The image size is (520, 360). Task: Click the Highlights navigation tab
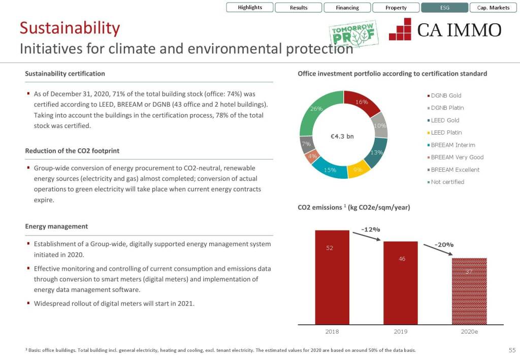click(250, 8)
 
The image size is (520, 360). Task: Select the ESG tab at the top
click(445, 8)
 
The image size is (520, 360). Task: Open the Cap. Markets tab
click(493, 8)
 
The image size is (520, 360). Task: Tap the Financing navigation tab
click(347, 8)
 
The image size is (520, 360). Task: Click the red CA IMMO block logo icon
click(400, 29)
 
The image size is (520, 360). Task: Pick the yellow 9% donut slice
click(358, 170)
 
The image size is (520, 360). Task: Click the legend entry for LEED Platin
click(446, 133)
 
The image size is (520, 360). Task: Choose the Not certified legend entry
click(447, 182)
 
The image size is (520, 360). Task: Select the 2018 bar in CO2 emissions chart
click(332, 277)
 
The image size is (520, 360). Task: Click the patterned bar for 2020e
click(469, 290)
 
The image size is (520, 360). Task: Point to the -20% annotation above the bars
click(445, 245)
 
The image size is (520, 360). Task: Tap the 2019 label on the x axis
click(400, 332)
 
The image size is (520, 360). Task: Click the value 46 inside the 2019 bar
click(402, 259)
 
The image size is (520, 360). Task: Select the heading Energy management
click(56, 226)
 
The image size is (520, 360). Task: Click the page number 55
click(512, 350)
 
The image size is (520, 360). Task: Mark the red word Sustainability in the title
click(70, 28)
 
